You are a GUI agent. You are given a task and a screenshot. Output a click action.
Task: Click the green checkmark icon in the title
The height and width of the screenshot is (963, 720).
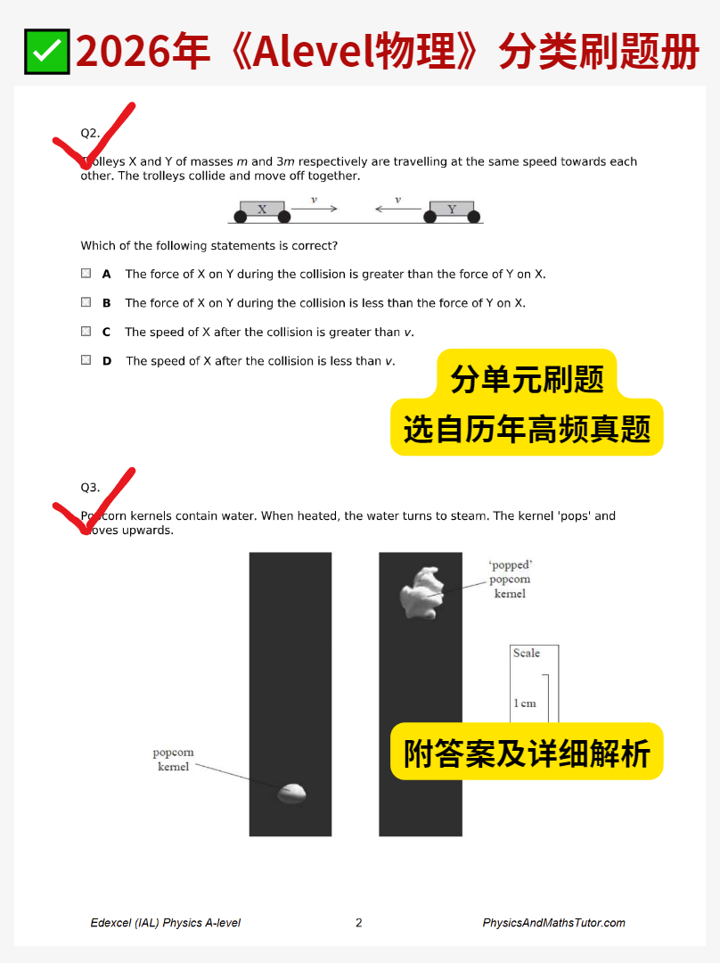coord(47,52)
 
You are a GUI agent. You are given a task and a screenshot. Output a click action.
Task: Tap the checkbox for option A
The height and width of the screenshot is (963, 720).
coord(86,274)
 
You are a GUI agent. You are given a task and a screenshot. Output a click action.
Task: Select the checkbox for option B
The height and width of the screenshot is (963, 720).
coord(86,302)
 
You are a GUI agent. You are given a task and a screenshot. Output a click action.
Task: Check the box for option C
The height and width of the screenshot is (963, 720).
coord(86,331)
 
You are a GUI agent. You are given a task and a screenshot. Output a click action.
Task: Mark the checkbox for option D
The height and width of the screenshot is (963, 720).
coord(86,360)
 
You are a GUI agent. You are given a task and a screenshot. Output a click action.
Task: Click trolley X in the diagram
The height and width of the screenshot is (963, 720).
coord(262,210)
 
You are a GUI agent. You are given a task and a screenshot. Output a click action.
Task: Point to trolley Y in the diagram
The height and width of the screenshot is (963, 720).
coord(451,210)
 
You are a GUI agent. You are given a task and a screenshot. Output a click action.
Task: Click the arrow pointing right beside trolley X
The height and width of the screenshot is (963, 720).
coord(314,209)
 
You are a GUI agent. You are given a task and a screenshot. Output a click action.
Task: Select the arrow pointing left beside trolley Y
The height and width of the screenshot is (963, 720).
coord(397,210)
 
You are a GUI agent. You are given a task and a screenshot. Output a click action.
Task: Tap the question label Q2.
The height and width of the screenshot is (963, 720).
coord(90,133)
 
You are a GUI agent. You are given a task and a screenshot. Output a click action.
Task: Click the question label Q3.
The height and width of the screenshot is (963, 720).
coord(90,487)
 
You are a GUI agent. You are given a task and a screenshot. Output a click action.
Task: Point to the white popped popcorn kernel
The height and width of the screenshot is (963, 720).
coord(421,592)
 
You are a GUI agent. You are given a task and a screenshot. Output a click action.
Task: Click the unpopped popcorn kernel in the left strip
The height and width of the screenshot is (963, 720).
coord(291,793)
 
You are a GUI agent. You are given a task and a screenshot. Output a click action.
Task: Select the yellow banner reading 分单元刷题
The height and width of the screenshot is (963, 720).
coord(527,379)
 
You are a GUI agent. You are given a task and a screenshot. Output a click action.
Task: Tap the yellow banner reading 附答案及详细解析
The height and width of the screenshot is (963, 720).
coord(527,753)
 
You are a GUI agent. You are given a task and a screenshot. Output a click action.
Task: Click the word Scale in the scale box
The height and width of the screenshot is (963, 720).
coord(527,654)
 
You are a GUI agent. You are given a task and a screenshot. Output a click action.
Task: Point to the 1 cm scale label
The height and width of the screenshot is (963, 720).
coord(525,703)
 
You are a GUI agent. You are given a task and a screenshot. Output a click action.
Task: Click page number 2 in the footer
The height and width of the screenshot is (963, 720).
coord(359,923)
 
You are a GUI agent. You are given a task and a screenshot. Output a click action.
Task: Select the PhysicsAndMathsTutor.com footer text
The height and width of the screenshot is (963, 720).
coord(553,923)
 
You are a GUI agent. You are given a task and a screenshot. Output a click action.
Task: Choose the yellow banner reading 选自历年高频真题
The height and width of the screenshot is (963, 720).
coord(527,429)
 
